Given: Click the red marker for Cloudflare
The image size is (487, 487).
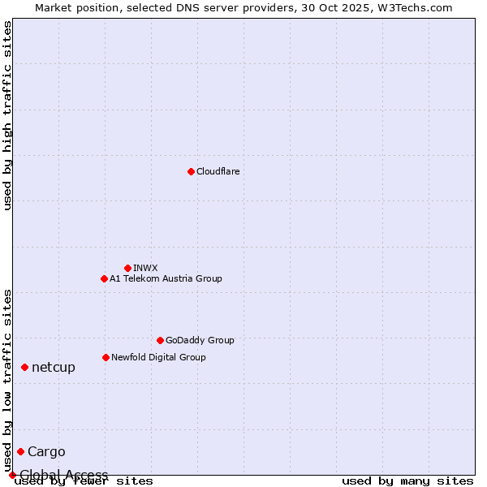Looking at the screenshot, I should click(191, 171).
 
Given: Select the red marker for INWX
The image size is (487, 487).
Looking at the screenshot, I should click(127, 268).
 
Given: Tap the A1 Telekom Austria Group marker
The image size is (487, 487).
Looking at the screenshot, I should click(104, 278).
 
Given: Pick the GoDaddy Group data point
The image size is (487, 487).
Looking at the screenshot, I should click(160, 340).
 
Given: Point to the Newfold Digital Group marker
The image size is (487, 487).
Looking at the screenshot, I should click(106, 357).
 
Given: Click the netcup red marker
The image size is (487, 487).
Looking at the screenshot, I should click(24, 368).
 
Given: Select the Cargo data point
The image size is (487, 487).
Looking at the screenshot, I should click(20, 452).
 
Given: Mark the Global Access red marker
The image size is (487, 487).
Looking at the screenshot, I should click(12, 475).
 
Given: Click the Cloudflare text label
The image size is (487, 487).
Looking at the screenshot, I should click(218, 171).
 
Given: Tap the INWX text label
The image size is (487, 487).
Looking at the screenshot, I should click(145, 268).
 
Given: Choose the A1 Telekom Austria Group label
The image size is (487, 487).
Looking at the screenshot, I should click(166, 278).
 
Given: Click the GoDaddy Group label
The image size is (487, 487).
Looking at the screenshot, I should click(200, 340).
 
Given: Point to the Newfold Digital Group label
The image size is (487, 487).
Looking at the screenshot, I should click(158, 357).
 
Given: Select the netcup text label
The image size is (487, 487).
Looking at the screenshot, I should click(54, 368).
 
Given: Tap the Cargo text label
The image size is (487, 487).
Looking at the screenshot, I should click(46, 452).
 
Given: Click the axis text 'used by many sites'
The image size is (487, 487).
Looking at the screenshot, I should click(407, 481).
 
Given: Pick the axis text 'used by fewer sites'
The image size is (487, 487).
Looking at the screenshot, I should click(84, 481).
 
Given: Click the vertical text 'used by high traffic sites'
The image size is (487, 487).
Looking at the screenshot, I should click(8, 115).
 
